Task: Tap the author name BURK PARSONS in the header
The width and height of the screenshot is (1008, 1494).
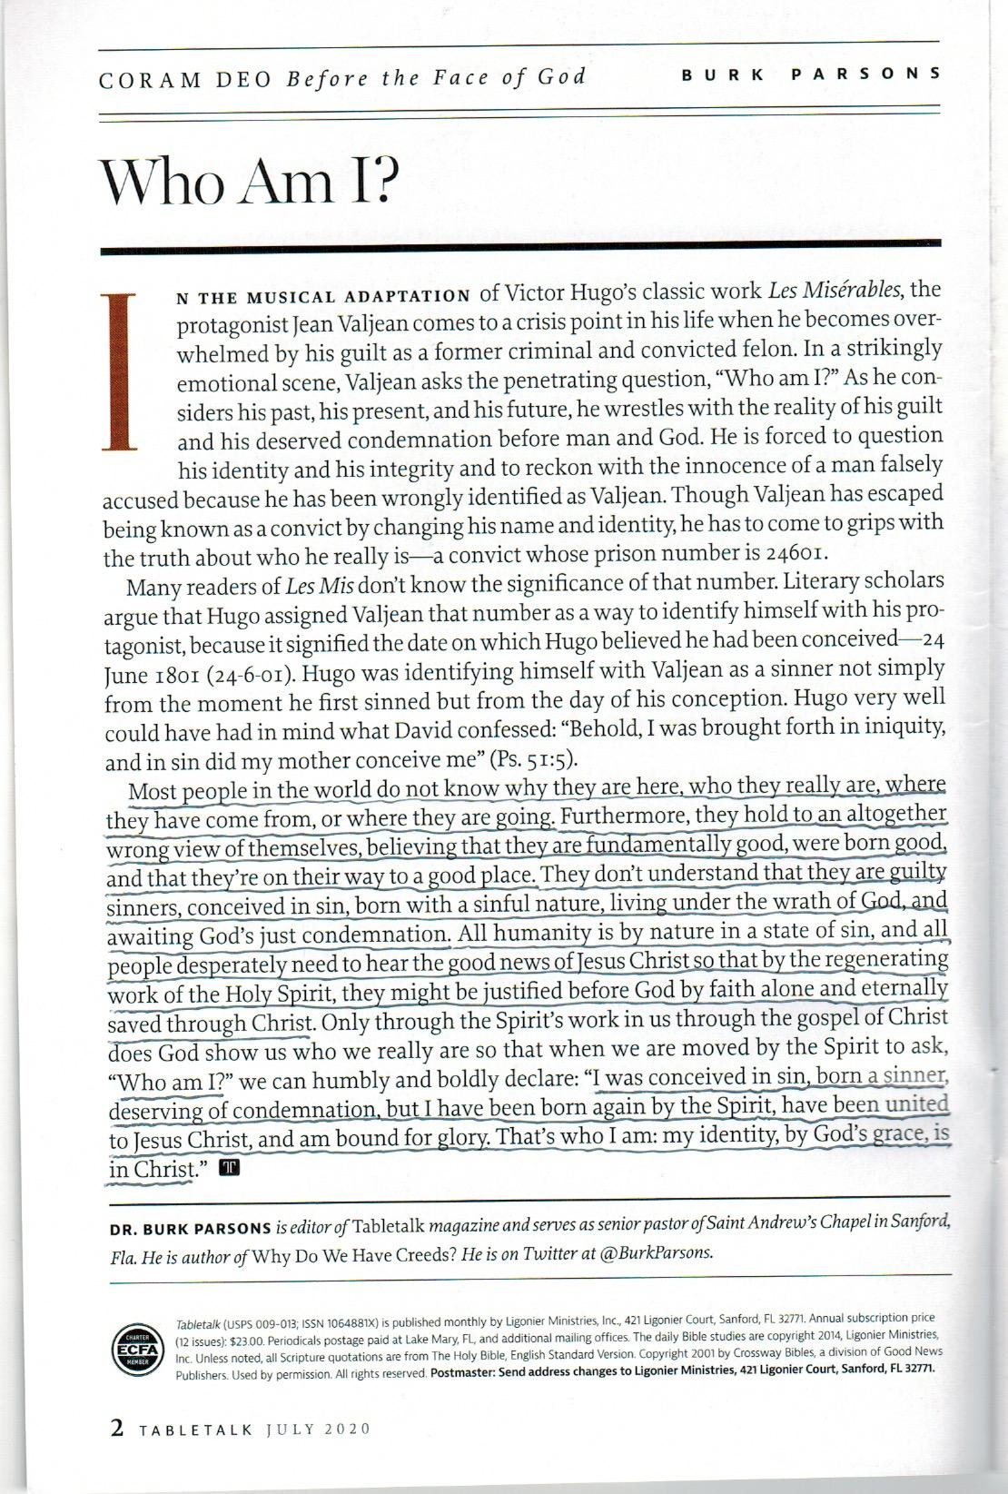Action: (x=811, y=74)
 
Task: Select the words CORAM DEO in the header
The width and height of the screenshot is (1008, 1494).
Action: (x=186, y=79)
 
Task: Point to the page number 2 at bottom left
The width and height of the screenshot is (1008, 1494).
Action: (x=116, y=1429)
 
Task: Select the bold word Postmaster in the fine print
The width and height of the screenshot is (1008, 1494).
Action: (x=469, y=1373)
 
